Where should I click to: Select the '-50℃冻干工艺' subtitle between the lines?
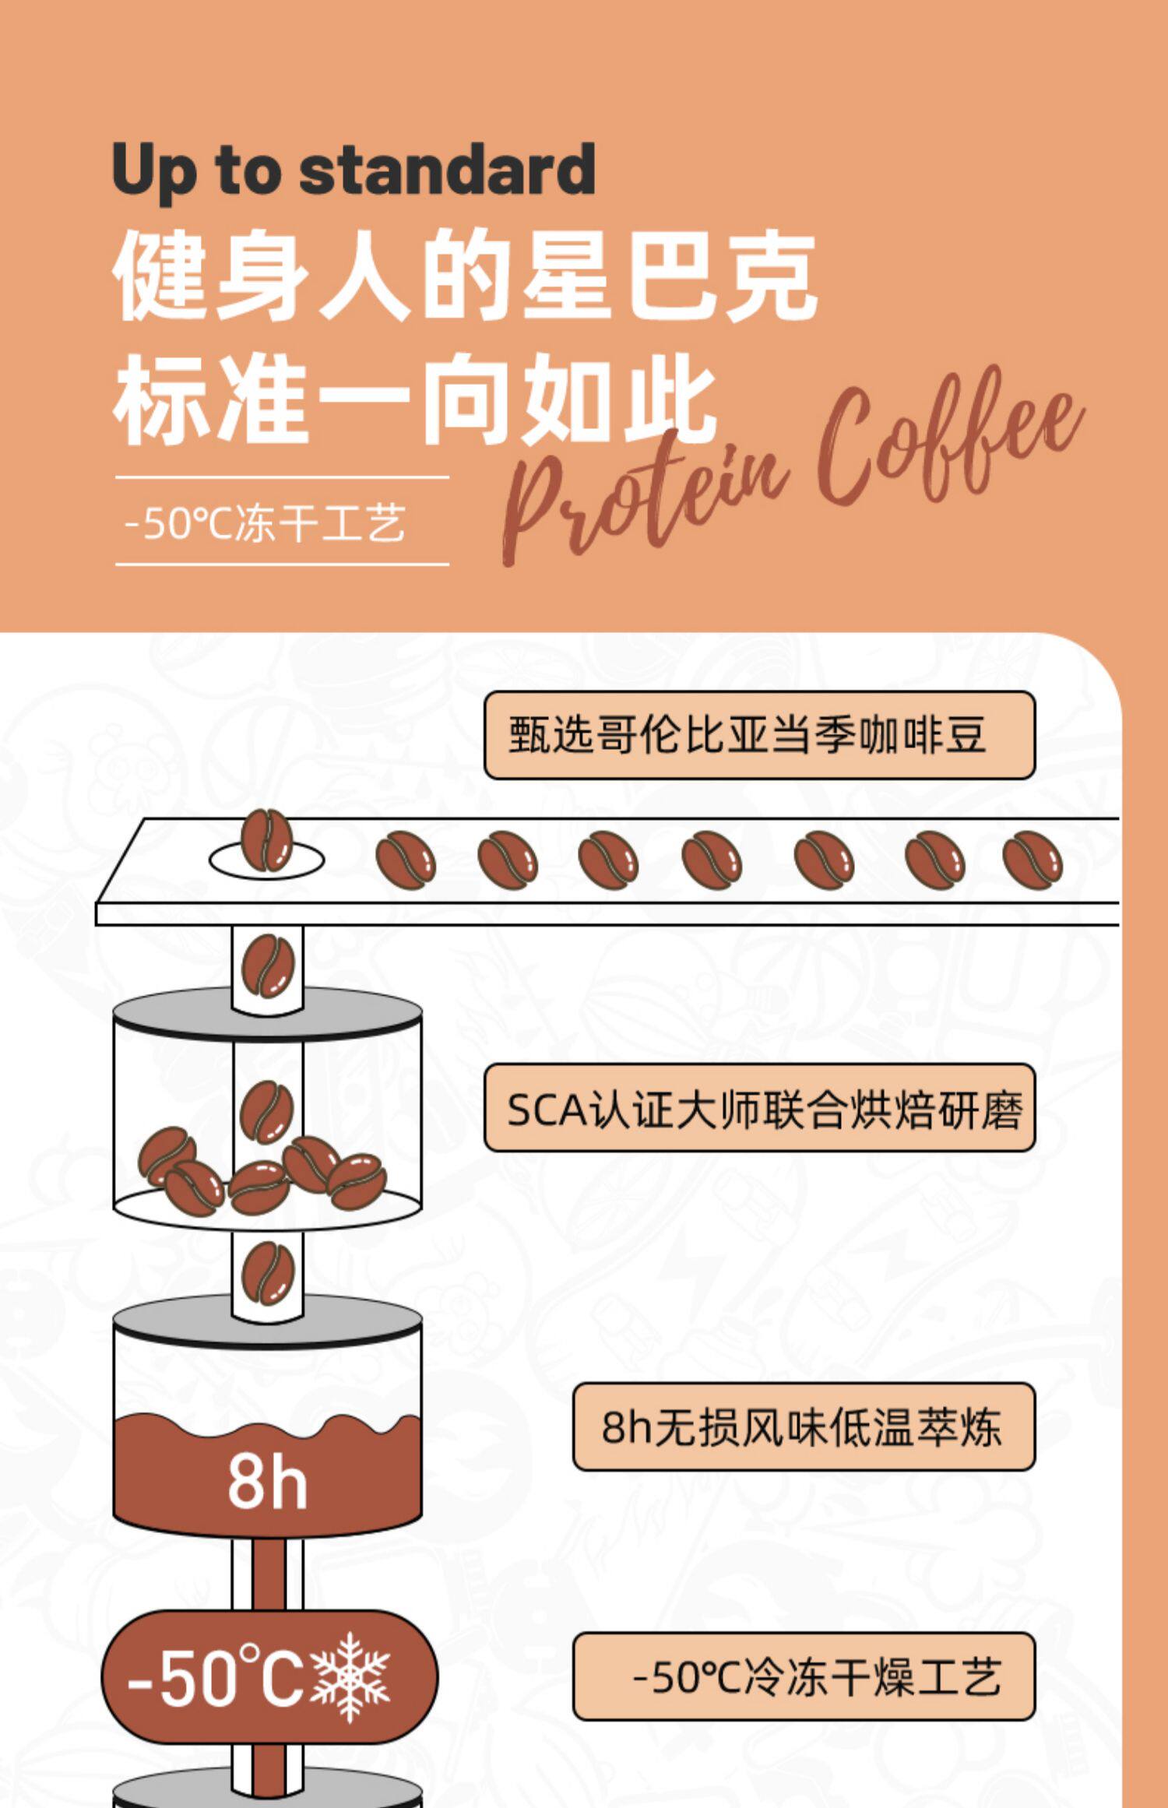pos(265,522)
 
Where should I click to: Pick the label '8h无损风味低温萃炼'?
pos(803,1427)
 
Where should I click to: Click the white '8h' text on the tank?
pos(267,1480)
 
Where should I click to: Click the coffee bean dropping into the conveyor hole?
pos(266,841)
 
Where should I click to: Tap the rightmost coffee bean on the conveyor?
pos(1033,859)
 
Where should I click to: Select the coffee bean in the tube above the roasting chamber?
pos(268,966)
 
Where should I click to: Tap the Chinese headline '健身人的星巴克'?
pos(465,275)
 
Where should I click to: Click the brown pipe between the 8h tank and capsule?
pos(267,1573)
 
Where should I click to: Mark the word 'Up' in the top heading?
pos(153,171)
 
